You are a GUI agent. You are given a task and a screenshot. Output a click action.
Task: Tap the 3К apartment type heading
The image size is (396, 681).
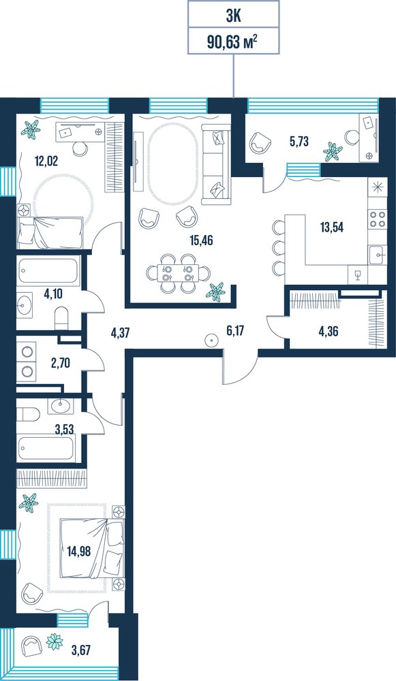233,16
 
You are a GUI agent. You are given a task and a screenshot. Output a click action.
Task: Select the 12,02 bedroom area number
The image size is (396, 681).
46,161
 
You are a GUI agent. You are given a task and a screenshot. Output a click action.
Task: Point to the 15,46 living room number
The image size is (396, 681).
202,240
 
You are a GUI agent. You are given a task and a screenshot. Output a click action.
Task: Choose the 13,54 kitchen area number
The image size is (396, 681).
332,227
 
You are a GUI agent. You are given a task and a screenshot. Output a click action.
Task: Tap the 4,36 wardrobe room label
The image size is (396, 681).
329,332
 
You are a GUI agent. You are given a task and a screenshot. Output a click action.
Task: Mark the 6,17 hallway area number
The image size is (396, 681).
235,331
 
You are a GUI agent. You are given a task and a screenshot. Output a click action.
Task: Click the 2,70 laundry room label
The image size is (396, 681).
61,364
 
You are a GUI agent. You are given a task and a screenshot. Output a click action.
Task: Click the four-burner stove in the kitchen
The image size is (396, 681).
377,219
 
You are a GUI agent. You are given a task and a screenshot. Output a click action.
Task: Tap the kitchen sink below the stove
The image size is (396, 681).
377,255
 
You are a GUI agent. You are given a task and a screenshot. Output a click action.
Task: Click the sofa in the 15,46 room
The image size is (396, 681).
216,164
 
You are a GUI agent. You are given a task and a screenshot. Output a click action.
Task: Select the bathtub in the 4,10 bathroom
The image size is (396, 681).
48,272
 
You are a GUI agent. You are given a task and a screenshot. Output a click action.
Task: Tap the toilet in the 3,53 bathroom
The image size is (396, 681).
28,414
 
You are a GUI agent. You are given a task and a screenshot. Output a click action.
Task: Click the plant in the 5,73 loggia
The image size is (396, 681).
333,151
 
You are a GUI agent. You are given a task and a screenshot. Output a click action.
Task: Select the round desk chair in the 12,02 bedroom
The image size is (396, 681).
80,148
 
